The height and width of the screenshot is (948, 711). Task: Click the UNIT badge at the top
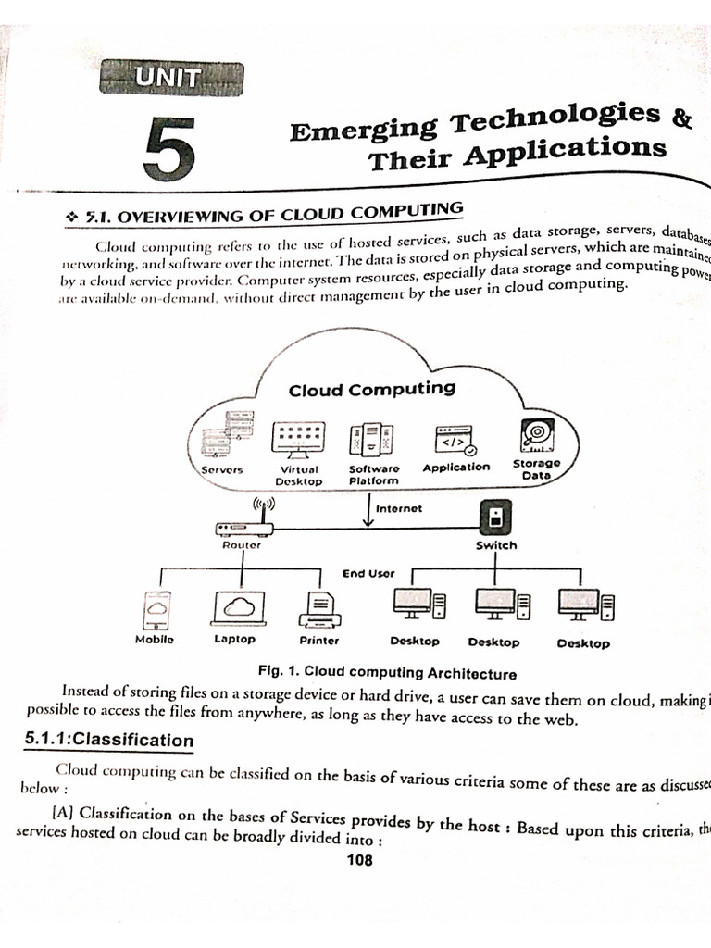(x=171, y=79)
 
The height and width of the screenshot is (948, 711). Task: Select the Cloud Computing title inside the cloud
(x=372, y=389)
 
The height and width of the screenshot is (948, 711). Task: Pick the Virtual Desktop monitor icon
(x=298, y=438)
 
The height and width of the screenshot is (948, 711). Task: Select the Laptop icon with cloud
(x=239, y=607)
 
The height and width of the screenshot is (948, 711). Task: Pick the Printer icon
(x=319, y=609)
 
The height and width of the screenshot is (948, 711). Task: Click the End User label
(x=368, y=574)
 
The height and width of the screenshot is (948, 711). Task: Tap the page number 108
(x=359, y=860)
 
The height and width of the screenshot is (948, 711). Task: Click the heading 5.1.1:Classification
(x=108, y=741)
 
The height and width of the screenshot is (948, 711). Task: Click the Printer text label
(x=319, y=641)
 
